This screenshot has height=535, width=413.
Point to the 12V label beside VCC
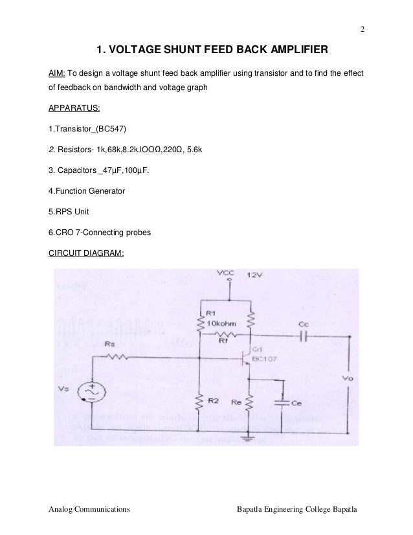tap(255, 275)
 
